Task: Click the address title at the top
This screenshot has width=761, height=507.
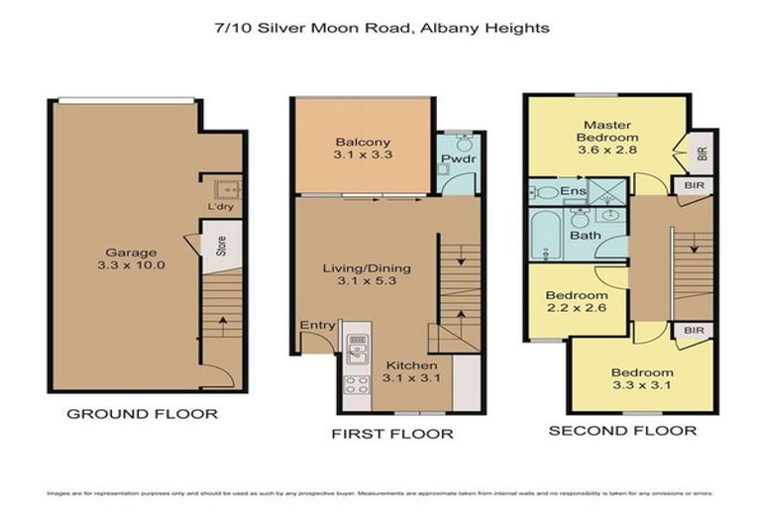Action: click(381, 28)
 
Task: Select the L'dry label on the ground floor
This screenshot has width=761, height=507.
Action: click(219, 207)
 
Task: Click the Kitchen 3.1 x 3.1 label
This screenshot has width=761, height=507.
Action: click(405, 371)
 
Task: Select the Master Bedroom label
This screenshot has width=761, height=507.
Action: click(608, 137)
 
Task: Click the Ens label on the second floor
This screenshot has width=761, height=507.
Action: click(574, 191)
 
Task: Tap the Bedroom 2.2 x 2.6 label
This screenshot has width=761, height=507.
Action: click(576, 302)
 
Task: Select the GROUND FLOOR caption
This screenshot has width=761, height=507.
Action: click(142, 414)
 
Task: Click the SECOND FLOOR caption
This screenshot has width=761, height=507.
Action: click(621, 430)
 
